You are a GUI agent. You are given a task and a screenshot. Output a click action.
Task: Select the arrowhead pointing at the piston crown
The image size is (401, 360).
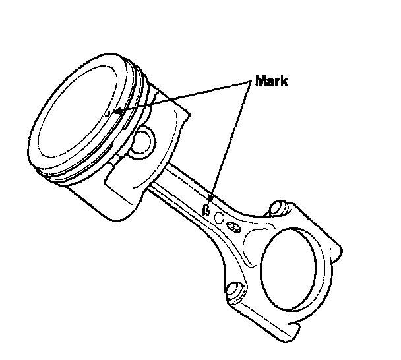116,111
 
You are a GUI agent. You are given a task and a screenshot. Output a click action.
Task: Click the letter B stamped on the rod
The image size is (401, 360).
206,212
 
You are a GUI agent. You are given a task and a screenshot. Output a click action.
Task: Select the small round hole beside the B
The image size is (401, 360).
220,218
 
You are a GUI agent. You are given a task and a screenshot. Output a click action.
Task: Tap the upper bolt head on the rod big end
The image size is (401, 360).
275,209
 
